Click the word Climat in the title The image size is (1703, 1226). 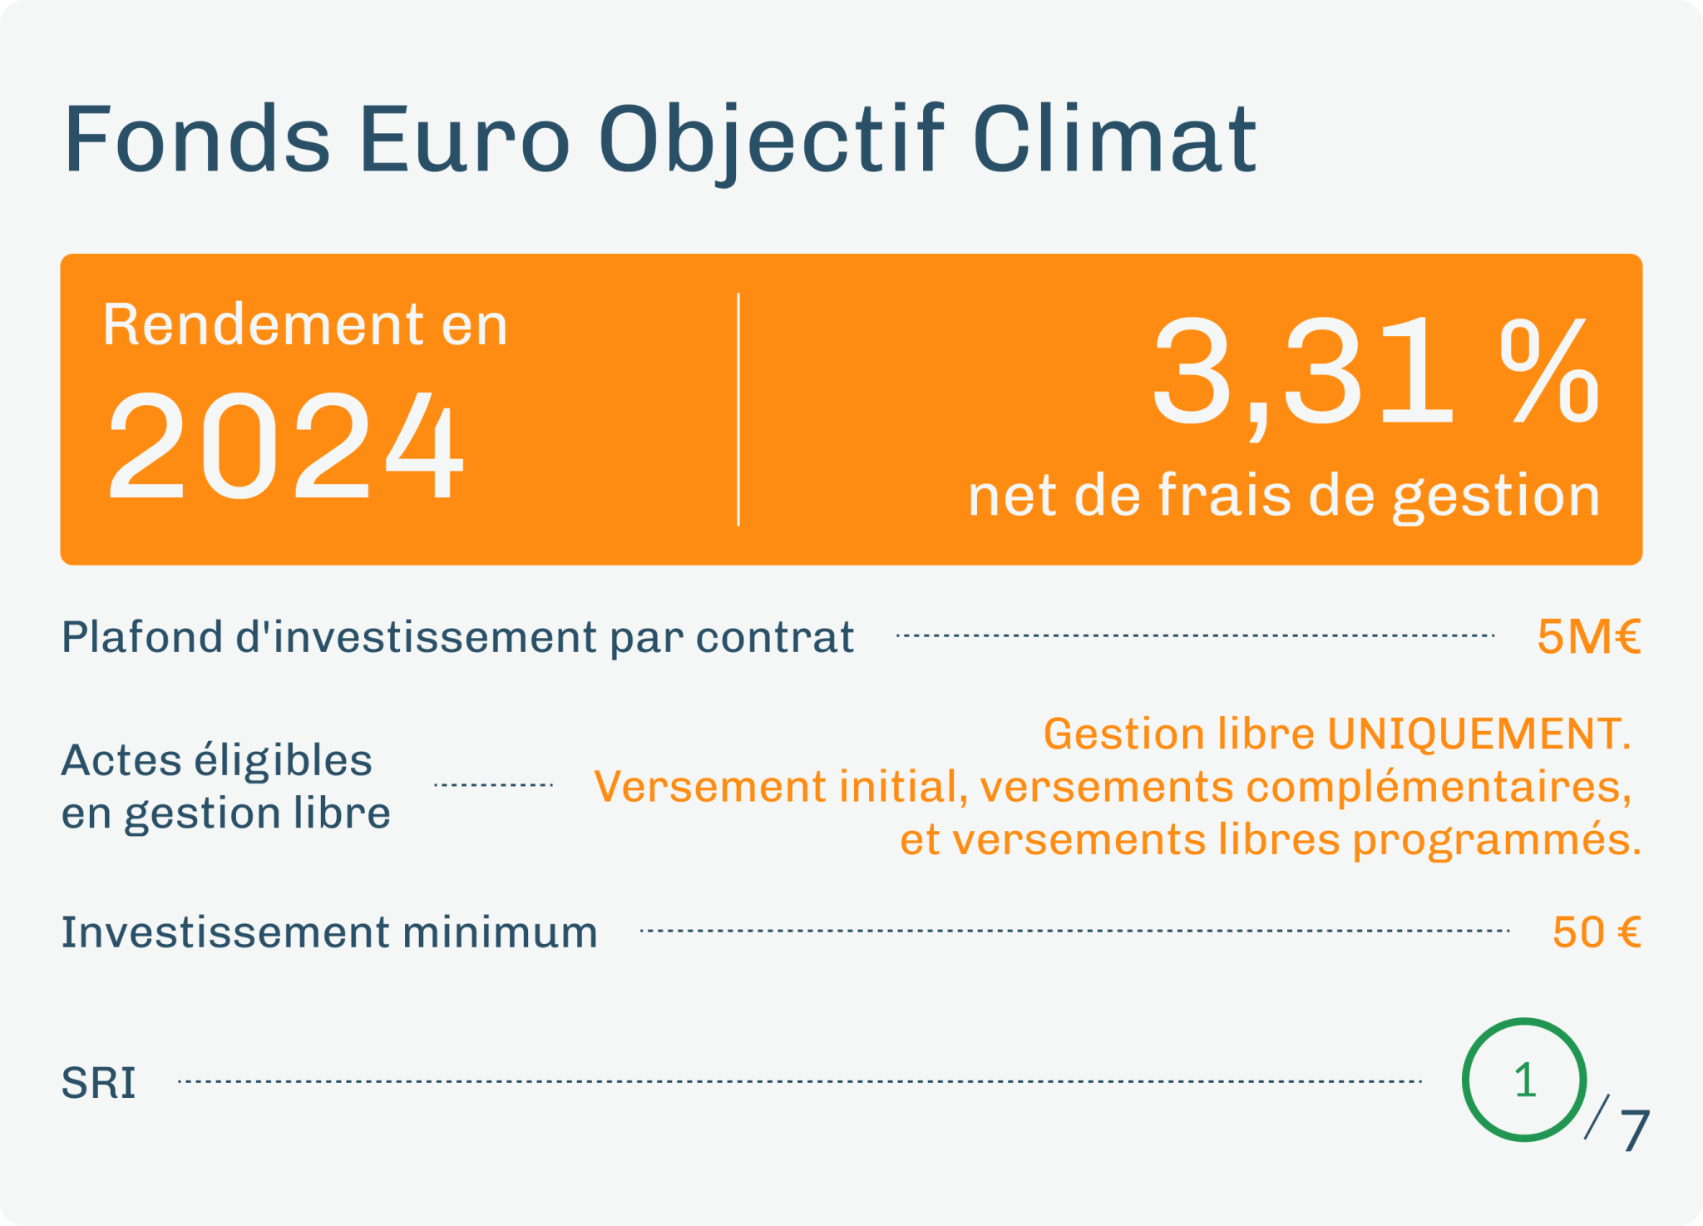(x=1114, y=139)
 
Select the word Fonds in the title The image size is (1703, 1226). (x=198, y=139)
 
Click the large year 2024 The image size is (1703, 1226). (x=285, y=445)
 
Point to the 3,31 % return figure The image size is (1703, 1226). (x=1375, y=372)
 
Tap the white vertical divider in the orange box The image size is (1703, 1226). (x=738, y=409)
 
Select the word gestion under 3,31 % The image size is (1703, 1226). (x=1496, y=498)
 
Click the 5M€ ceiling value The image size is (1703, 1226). (x=1589, y=637)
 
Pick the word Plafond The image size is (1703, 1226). (x=142, y=637)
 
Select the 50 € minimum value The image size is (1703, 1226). (x=1597, y=932)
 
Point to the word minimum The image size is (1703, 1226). (x=500, y=932)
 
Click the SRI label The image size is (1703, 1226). (x=98, y=1083)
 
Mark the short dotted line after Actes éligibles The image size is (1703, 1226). (x=494, y=784)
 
